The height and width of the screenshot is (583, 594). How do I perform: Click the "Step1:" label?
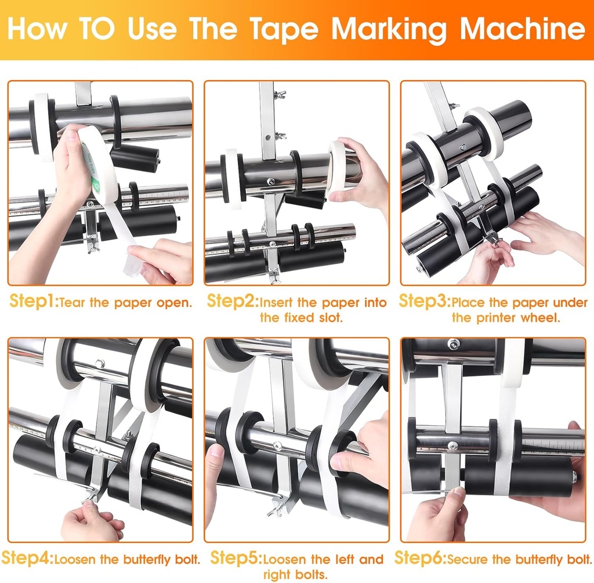(x=34, y=302)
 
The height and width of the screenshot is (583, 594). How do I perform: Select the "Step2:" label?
(x=232, y=302)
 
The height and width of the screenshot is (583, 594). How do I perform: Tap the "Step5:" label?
(x=235, y=559)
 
